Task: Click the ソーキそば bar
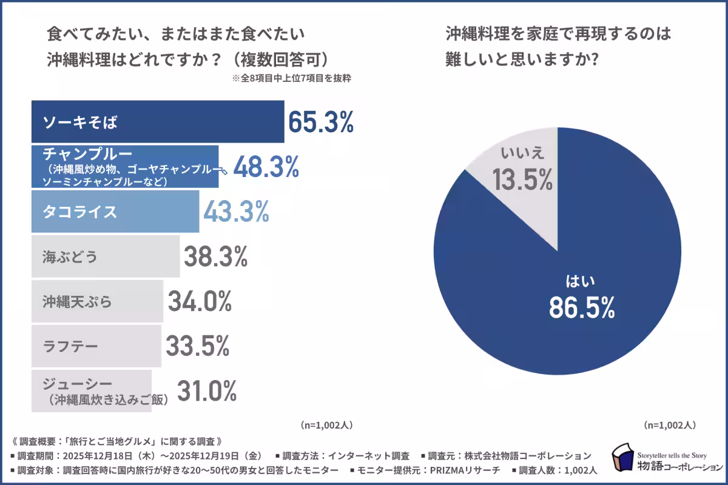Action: pyautogui.click(x=157, y=122)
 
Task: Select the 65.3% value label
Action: pyautogui.click(x=320, y=122)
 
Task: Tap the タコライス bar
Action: pyautogui.click(x=115, y=212)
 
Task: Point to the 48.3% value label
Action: pyautogui.click(x=266, y=166)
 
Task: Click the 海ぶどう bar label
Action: pyautogui.click(x=70, y=256)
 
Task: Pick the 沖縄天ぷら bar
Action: pyautogui.click(x=97, y=301)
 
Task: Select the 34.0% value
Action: pyautogui.click(x=200, y=301)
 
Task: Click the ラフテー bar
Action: pyautogui.click(x=96, y=346)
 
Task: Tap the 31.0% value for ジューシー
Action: pyautogui.click(x=206, y=391)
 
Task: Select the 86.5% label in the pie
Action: pyautogui.click(x=582, y=308)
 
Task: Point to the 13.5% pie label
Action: pyautogui.click(x=522, y=179)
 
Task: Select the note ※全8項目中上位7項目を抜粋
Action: pyautogui.click(x=291, y=78)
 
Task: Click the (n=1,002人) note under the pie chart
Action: pyautogui.click(x=669, y=425)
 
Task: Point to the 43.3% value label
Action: pyautogui.click(x=235, y=212)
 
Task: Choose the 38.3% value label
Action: pyautogui.click(x=215, y=256)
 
